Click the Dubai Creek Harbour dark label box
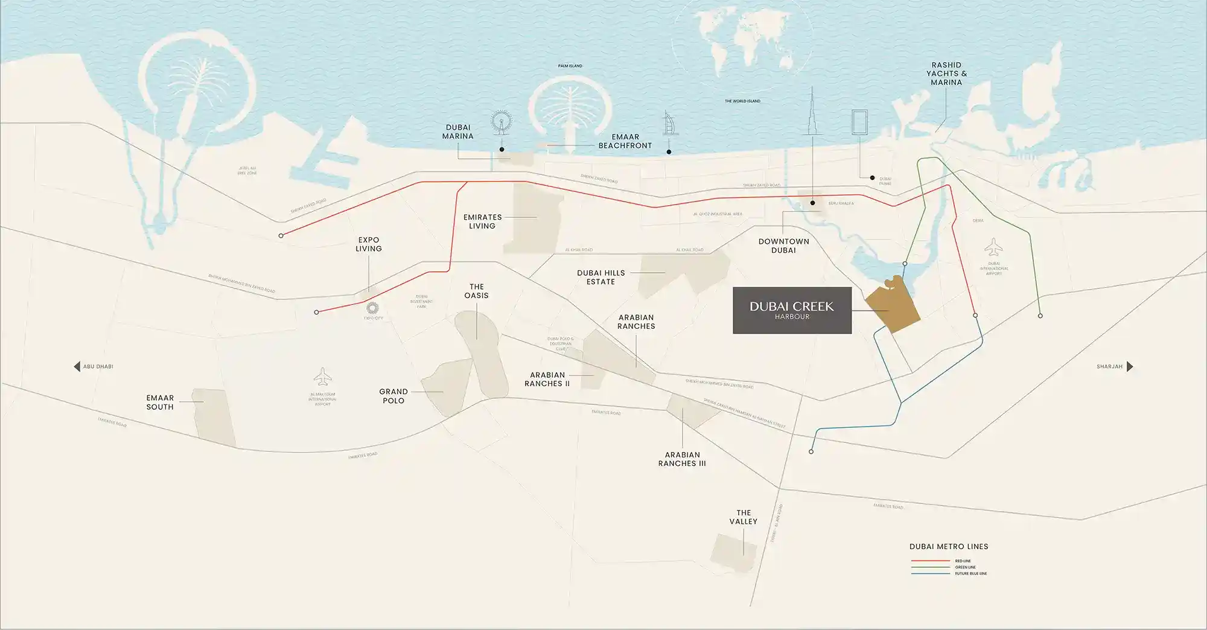click(792, 310)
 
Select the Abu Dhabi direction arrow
click(77, 366)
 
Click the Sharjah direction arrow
click(1130, 366)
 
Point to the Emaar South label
click(160, 402)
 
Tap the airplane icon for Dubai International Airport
click(993, 247)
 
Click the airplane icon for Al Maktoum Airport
click(323, 378)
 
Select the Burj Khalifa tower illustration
click(812, 115)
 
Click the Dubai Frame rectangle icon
click(859, 122)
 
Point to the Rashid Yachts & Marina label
click(946, 74)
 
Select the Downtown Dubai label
click(783, 246)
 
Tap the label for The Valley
click(743, 517)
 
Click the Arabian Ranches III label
click(682, 459)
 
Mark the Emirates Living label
click(482, 221)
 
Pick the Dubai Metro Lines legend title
click(949, 547)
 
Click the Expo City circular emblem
click(372, 308)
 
